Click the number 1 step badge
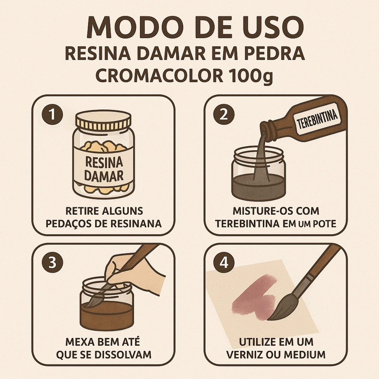52,115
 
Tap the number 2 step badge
224,115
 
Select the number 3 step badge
52,263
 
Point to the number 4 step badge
224,263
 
